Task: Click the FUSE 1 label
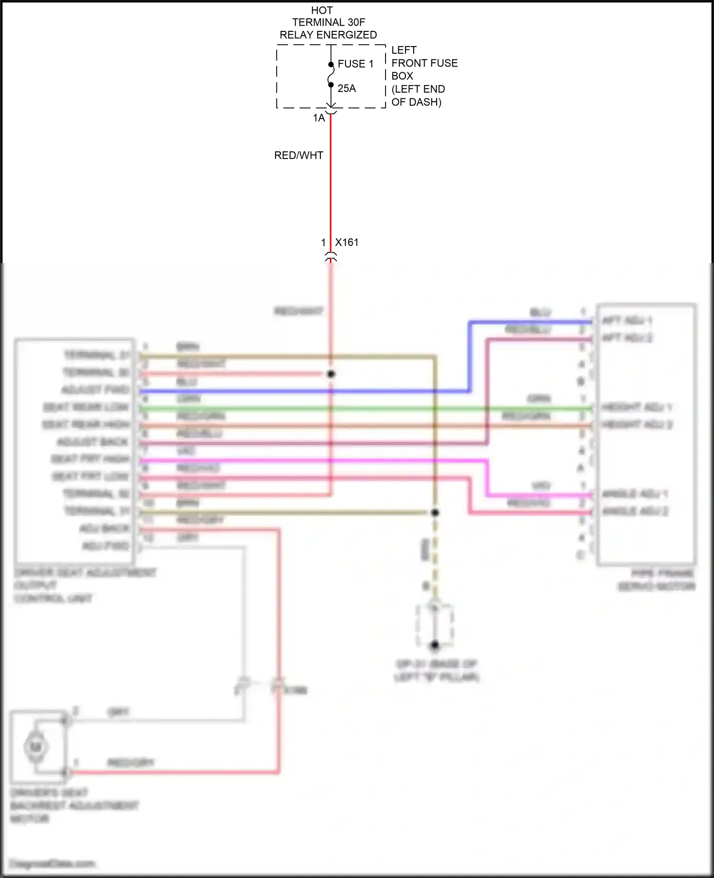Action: (355, 64)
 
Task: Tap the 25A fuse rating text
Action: (347, 88)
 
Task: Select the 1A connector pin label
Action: (318, 118)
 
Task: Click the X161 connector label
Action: (347, 242)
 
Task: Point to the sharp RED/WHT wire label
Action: (298, 156)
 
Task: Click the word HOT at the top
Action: (322, 10)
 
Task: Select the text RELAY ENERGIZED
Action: (328, 35)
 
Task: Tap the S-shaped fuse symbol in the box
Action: (331, 75)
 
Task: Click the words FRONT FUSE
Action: (424, 63)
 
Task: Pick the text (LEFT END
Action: (418, 89)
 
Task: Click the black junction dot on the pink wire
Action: (331, 374)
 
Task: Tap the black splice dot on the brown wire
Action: (435, 512)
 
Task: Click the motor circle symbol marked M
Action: (36, 747)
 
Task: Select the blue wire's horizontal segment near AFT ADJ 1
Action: (528, 322)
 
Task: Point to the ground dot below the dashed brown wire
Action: (434, 645)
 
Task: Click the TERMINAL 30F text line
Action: (328, 22)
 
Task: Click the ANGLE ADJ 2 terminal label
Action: (635, 511)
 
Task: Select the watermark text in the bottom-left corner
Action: (52, 863)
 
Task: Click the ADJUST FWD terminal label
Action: (95, 390)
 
